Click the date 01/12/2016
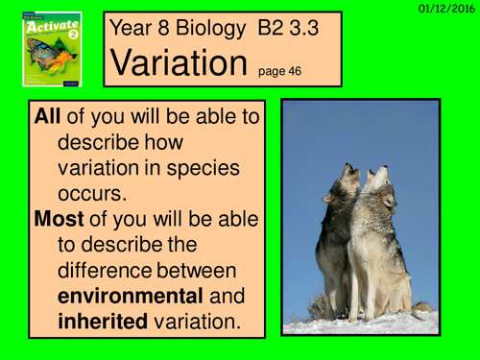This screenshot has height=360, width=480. [x=446, y=8]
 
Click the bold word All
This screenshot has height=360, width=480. [x=53, y=119]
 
